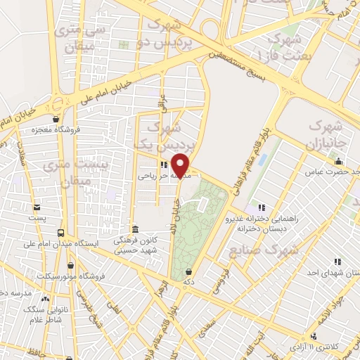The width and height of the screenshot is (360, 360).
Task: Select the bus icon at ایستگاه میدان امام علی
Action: point(60,233)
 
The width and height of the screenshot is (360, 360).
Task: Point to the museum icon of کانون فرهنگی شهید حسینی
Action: point(134,230)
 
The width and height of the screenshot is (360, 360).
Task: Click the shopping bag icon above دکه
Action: point(188,271)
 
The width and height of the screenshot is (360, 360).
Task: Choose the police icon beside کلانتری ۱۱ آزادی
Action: point(314,337)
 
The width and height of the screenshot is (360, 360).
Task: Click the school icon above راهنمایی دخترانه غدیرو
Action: point(261,207)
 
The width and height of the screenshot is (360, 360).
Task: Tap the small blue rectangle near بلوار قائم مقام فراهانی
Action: point(263,158)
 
